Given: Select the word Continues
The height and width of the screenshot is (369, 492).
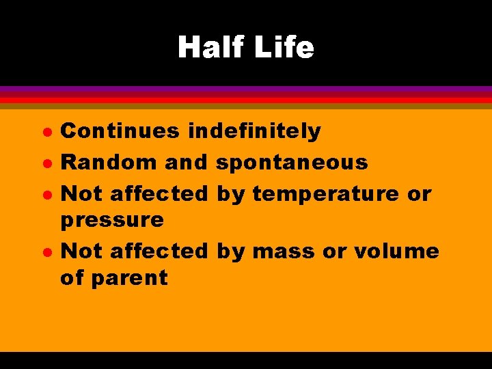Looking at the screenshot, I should coord(121,131).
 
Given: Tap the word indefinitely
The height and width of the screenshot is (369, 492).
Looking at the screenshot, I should coord(254,131).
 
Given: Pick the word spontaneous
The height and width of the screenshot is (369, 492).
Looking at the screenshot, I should coord(292,162).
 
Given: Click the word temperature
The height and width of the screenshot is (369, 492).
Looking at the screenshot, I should coord(325,194).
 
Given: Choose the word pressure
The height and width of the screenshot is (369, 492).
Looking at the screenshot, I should coord(113,220).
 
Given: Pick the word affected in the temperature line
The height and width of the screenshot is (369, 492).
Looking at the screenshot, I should coord(158,194).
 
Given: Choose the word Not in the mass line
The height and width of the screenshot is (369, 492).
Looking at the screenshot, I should coord(82,251).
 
